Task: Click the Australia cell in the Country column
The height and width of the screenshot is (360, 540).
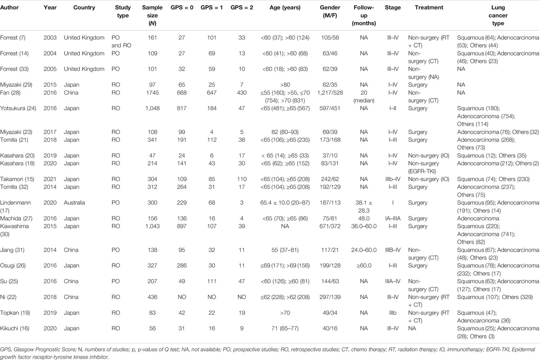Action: click(74, 203)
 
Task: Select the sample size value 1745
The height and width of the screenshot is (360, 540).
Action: click(152, 92)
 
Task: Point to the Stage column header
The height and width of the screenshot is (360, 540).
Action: click(392, 7)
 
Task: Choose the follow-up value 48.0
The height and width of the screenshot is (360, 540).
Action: click(364, 218)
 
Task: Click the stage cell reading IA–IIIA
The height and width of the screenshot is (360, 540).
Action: click(392, 218)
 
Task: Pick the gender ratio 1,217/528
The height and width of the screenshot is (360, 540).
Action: click(330, 92)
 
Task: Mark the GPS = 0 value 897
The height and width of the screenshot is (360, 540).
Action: click(182, 226)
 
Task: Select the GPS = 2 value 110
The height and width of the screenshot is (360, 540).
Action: click(242, 179)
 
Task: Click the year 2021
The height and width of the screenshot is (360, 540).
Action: click(50, 179)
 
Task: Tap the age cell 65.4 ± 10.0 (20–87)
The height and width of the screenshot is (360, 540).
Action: click(285, 203)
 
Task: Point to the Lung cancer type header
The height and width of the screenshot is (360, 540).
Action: click(498, 15)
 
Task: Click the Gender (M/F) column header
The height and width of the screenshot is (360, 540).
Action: click(330, 11)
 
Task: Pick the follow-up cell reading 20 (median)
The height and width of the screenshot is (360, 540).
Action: click(364, 97)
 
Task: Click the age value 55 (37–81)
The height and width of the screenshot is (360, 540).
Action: click(285, 250)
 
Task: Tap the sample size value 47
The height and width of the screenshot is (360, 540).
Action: click(152, 155)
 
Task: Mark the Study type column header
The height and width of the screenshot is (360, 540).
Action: click(123, 11)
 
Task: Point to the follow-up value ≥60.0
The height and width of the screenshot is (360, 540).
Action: click(364, 266)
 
